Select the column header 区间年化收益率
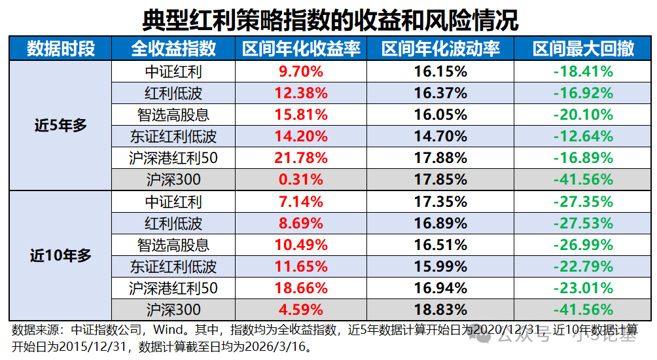301,49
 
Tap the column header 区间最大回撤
583,49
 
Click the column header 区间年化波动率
440,49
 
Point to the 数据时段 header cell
61,49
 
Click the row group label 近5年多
61,126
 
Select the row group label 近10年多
61,256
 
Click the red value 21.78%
302,158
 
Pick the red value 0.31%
302,179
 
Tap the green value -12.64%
583,136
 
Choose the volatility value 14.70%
440,136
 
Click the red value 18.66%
302,288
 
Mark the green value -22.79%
583,266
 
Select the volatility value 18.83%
440,310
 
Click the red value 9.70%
302,71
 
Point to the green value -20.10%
583,115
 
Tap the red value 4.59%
302,310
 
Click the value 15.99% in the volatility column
440,266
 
